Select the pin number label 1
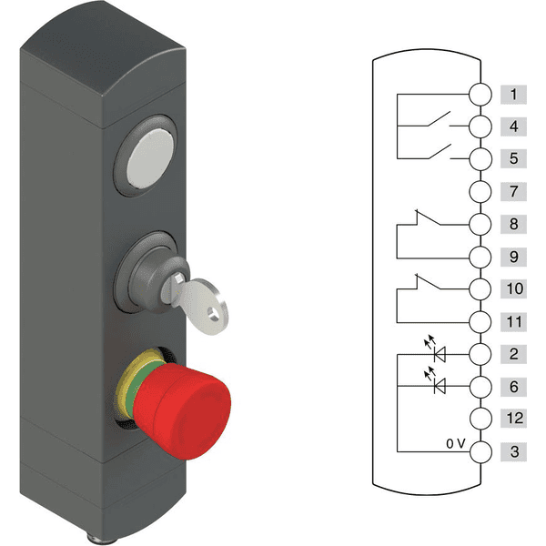(x=513, y=94)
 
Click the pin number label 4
(x=513, y=126)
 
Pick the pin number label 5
(x=513, y=158)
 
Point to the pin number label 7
(x=513, y=191)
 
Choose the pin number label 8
(x=513, y=224)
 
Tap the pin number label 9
(x=513, y=257)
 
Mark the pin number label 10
(x=513, y=288)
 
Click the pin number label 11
(x=513, y=321)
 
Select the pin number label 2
(x=513, y=354)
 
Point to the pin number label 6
(x=513, y=387)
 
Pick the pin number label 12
(x=513, y=419)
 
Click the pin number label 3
(x=513, y=451)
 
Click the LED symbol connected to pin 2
(x=441, y=352)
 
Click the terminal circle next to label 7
(x=480, y=191)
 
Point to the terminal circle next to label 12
(x=480, y=419)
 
